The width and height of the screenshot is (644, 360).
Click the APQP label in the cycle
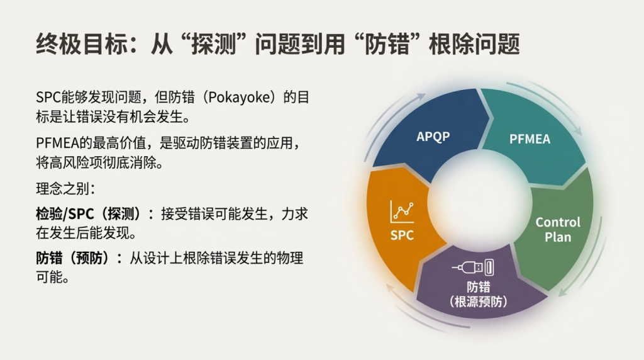(x=433, y=137)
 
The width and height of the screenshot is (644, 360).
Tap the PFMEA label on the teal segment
(x=530, y=139)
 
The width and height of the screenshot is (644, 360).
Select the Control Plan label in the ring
(x=558, y=229)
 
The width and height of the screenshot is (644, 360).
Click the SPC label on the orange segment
(x=402, y=235)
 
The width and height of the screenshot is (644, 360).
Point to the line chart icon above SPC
(x=402, y=211)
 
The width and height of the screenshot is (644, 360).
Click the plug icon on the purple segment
(x=473, y=267)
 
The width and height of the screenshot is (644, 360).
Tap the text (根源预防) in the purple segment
(x=478, y=302)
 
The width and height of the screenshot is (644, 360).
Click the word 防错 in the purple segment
(x=478, y=286)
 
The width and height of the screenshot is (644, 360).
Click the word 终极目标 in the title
(x=82, y=44)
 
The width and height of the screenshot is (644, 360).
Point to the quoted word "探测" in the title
(x=213, y=44)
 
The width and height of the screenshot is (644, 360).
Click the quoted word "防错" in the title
(x=387, y=44)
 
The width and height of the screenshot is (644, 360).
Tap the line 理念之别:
(x=65, y=189)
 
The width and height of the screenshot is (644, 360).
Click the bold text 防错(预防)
(x=79, y=258)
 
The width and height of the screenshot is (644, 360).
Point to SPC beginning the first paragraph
(x=48, y=98)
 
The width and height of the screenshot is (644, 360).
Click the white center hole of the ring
(x=479, y=201)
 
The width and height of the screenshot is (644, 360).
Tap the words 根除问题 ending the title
(x=474, y=44)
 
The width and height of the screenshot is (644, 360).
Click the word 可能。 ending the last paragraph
(x=52, y=277)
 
